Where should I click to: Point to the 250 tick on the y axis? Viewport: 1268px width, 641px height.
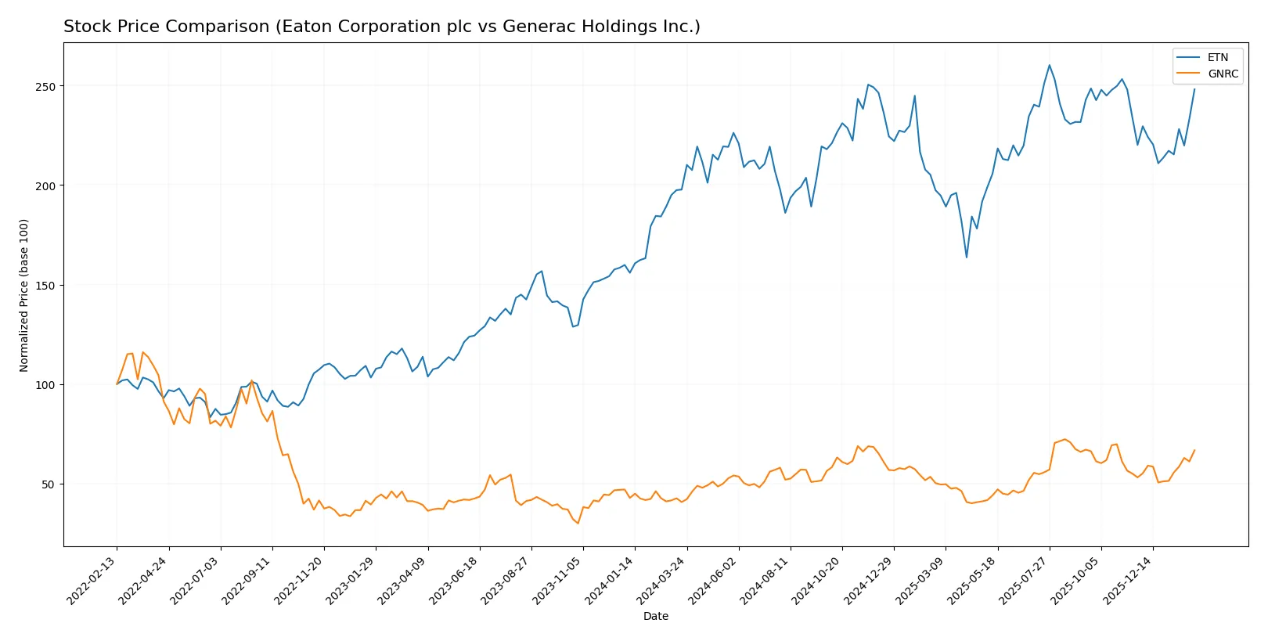[45, 87]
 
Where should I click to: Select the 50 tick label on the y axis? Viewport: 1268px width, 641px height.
[49, 484]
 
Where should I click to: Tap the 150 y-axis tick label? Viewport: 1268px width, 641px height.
[45, 286]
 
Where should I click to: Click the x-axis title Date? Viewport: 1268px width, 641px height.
[655, 616]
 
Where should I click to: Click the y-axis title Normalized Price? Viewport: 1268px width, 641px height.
[24, 295]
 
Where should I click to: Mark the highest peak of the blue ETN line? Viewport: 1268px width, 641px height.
[1049, 65]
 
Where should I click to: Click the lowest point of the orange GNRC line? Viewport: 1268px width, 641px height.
[578, 523]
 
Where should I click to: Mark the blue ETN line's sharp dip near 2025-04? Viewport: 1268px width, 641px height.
[967, 257]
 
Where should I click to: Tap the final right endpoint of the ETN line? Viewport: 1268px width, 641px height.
[1194, 89]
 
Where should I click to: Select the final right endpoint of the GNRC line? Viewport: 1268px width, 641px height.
[1194, 451]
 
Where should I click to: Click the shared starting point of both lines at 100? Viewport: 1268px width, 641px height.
[117, 384]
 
